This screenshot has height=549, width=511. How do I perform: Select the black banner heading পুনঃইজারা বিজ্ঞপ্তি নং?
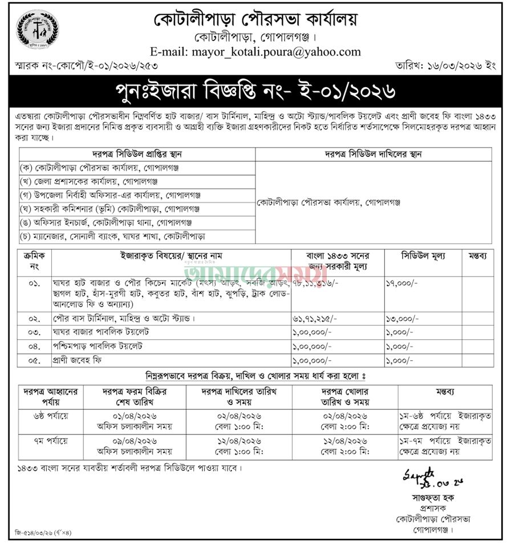pyautogui.click(x=255, y=90)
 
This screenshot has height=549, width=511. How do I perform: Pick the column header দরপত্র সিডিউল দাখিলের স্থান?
pyautogui.click(x=373, y=153)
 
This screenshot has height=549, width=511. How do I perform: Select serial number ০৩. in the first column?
pyautogui.click(x=33, y=332)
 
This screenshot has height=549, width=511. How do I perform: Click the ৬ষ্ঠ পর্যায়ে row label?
pyautogui.click(x=51, y=415)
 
